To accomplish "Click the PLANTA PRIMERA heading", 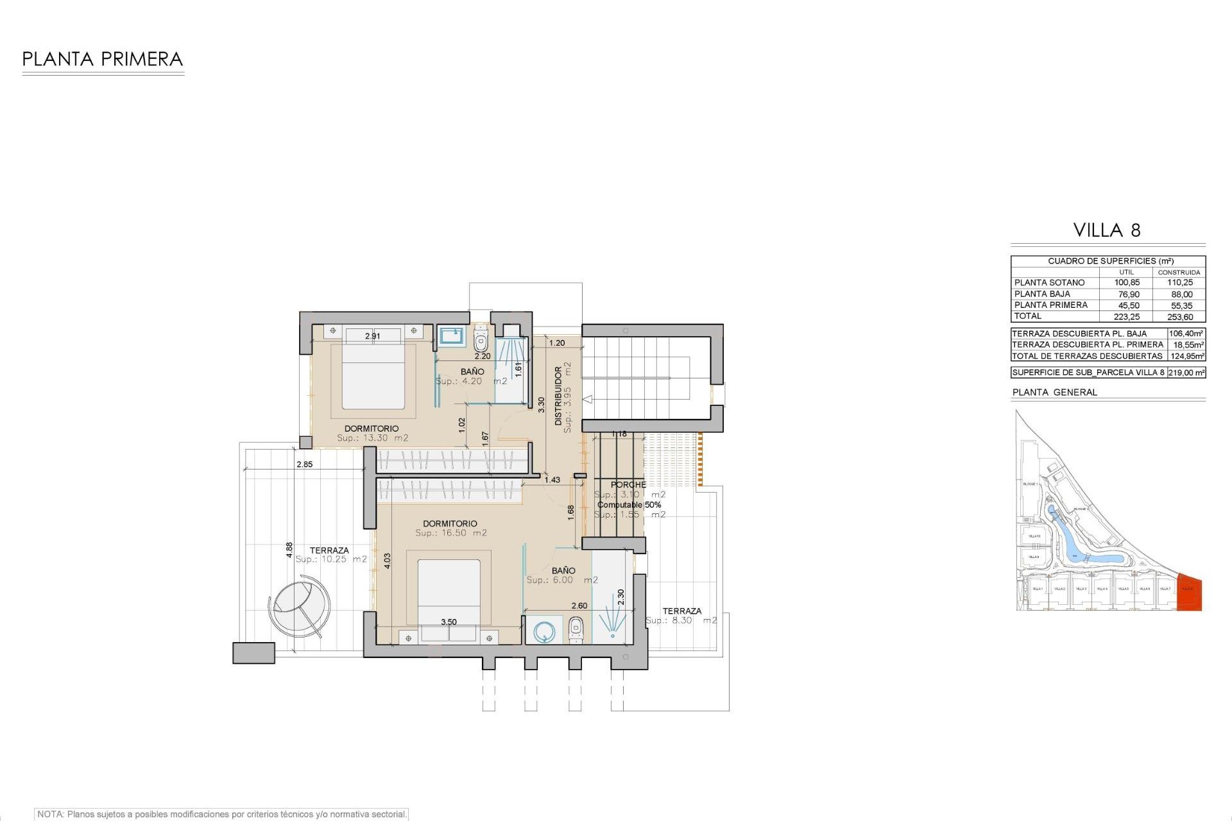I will pyautogui.click(x=103, y=60).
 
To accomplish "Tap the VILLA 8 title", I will pyautogui.click(x=1107, y=230).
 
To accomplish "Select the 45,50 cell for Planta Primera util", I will pyautogui.click(x=1129, y=305).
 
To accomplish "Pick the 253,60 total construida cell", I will pyautogui.click(x=1180, y=317).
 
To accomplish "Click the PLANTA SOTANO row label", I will pyautogui.click(x=1049, y=283).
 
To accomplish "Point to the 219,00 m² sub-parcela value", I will pyautogui.click(x=1186, y=373).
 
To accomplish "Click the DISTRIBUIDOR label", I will pyautogui.click(x=558, y=396).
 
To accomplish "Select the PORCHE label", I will pyautogui.click(x=628, y=485).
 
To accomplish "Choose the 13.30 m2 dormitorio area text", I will pyautogui.click(x=373, y=438).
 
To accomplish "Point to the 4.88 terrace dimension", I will pyautogui.click(x=289, y=549).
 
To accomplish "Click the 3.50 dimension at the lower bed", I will pyautogui.click(x=449, y=622).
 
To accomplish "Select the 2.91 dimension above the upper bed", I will pyautogui.click(x=372, y=336).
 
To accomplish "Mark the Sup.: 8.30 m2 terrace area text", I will pyautogui.click(x=681, y=621).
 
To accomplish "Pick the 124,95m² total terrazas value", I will pyautogui.click(x=1186, y=356).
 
